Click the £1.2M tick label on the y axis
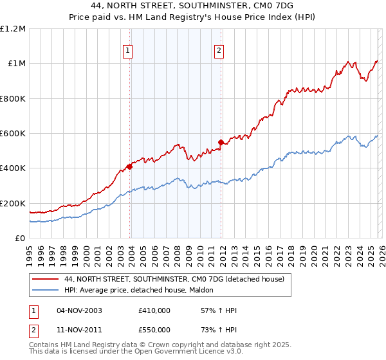pyautogui.click(x=13, y=28)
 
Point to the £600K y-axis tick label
pyautogui.click(x=13, y=134)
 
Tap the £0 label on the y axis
pyautogui.click(x=20, y=239)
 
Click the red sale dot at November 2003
pyautogui.click(x=129, y=166)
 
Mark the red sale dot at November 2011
pyautogui.click(x=221, y=142)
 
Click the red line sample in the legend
pyautogui.click(x=46, y=279)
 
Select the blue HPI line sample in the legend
pyautogui.click(x=46, y=289)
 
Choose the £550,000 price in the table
pyautogui.click(x=154, y=329)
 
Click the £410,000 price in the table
pyautogui.click(x=154, y=310)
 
